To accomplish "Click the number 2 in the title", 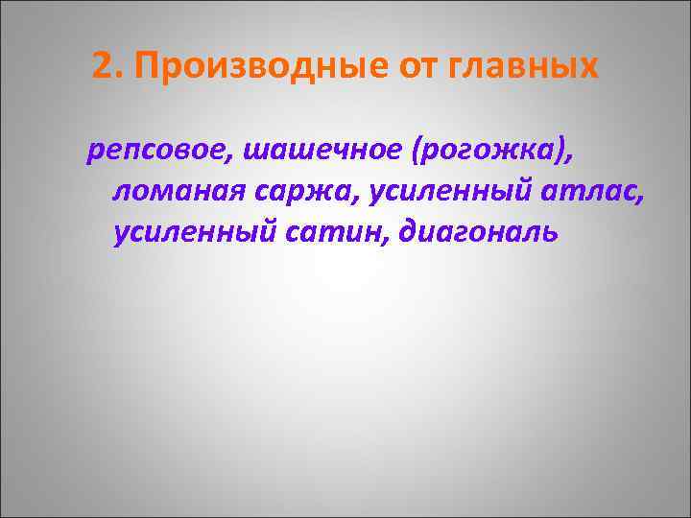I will tap(104, 66).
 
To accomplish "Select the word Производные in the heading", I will tap(242, 67).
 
